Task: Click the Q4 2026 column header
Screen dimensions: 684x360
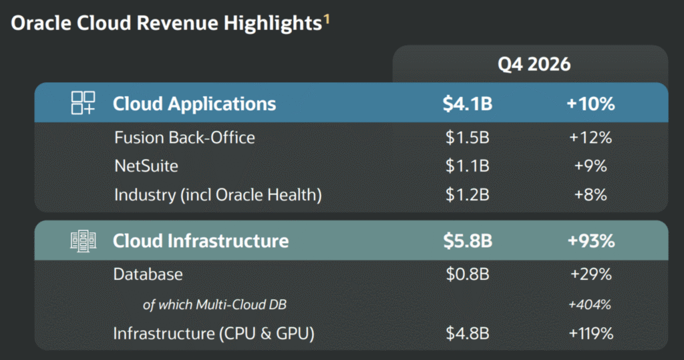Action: (x=534, y=65)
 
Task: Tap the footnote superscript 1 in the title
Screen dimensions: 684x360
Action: (x=326, y=19)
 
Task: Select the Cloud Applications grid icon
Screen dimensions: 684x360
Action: (x=83, y=103)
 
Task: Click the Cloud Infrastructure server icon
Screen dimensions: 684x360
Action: (x=83, y=241)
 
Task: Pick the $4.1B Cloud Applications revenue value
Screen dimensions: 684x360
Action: (x=467, y=104)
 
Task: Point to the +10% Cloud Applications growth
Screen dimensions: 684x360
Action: (x=590, y=104)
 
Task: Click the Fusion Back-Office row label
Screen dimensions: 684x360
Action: (x=184, y=138)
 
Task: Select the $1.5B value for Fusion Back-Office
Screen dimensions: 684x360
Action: (x=467, y=138)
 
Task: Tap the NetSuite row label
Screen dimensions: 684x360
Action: (x=146, y=166)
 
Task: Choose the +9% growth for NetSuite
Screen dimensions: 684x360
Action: (x=590, y=166)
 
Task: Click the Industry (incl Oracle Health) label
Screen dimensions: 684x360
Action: (x=218, y=194)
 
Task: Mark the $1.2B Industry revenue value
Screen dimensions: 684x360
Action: (x=467, y=194)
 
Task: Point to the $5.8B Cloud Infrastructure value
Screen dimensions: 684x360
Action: (x=468, y=241)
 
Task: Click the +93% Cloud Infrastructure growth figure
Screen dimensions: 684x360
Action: (x=591, y=241)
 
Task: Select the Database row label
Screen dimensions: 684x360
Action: (x=148, y=274)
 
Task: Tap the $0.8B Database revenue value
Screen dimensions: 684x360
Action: (x=468, y=274)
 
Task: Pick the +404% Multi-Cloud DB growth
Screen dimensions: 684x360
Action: (x=590, y=304)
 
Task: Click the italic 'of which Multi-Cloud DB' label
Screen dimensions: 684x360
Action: (x=214, y=305)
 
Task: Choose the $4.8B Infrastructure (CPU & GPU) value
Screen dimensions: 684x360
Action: (x=468, y=333)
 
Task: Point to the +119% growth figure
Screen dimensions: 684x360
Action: (x=591, y=333)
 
